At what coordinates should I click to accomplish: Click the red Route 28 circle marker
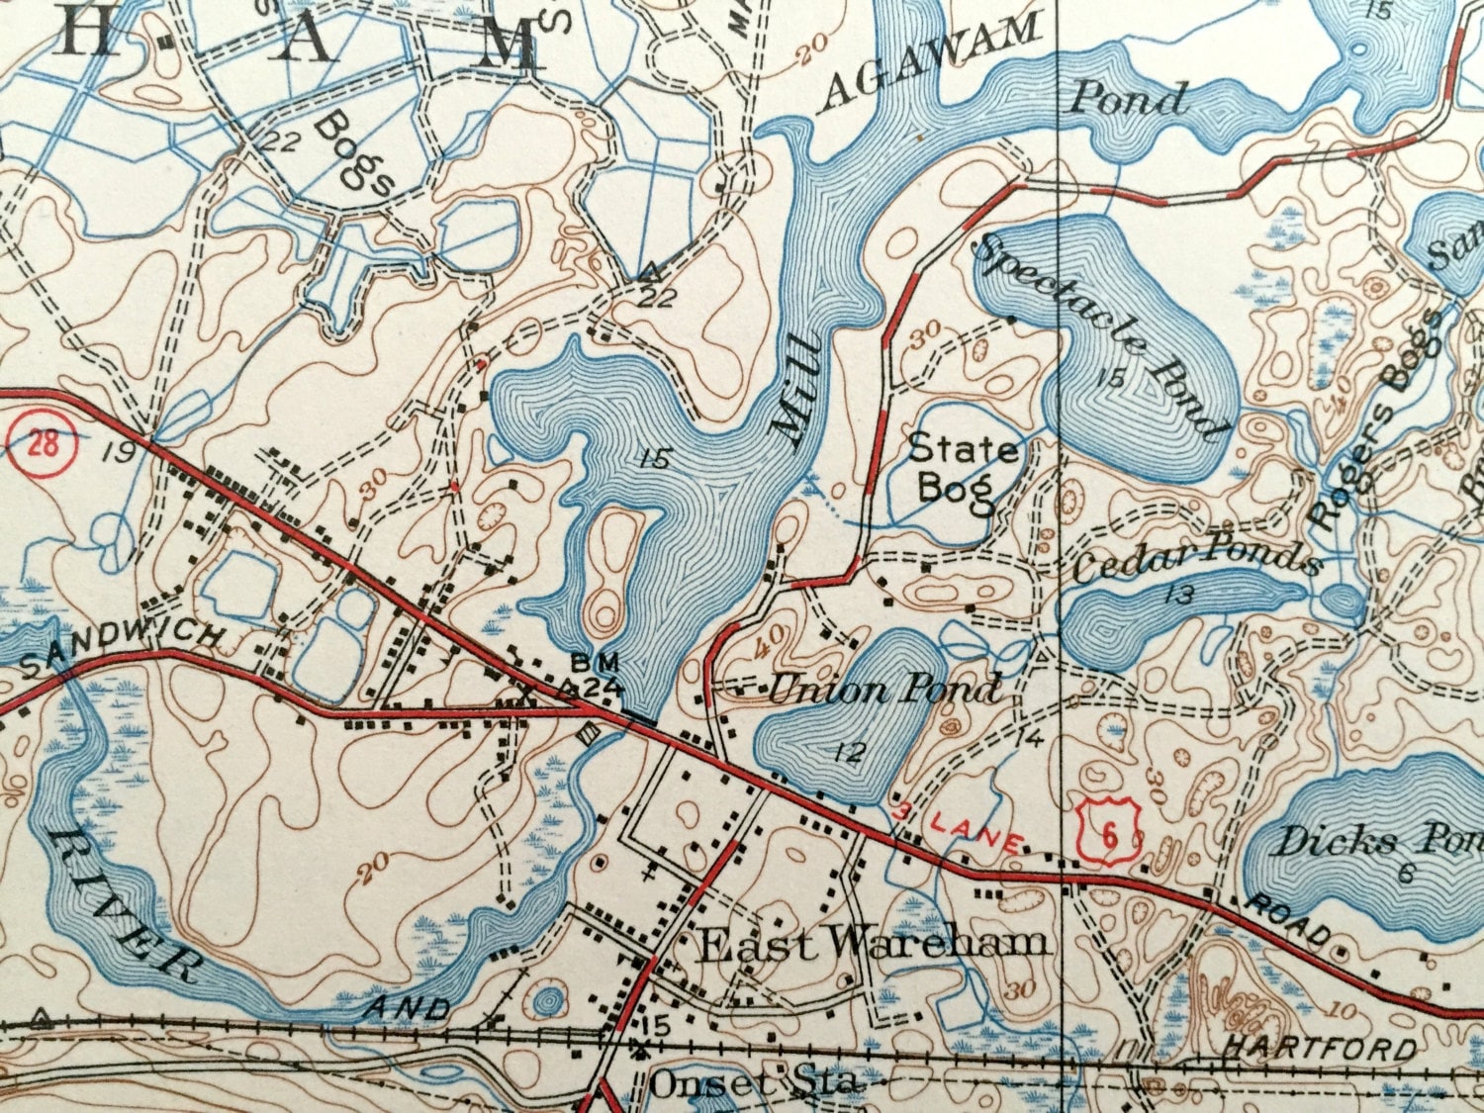tap(42, 442)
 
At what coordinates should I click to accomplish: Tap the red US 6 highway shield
tap(1108, 834)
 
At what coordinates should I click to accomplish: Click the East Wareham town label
tap(873, 944)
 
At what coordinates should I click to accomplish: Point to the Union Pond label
tap(884, 689)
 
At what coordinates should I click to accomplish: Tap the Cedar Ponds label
tap(1197, 560)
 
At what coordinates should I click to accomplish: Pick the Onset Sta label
tap(752, 1082)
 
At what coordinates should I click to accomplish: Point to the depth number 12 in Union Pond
tap(848, 752)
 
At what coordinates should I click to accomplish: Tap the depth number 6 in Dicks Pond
tap(1406, 873)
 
